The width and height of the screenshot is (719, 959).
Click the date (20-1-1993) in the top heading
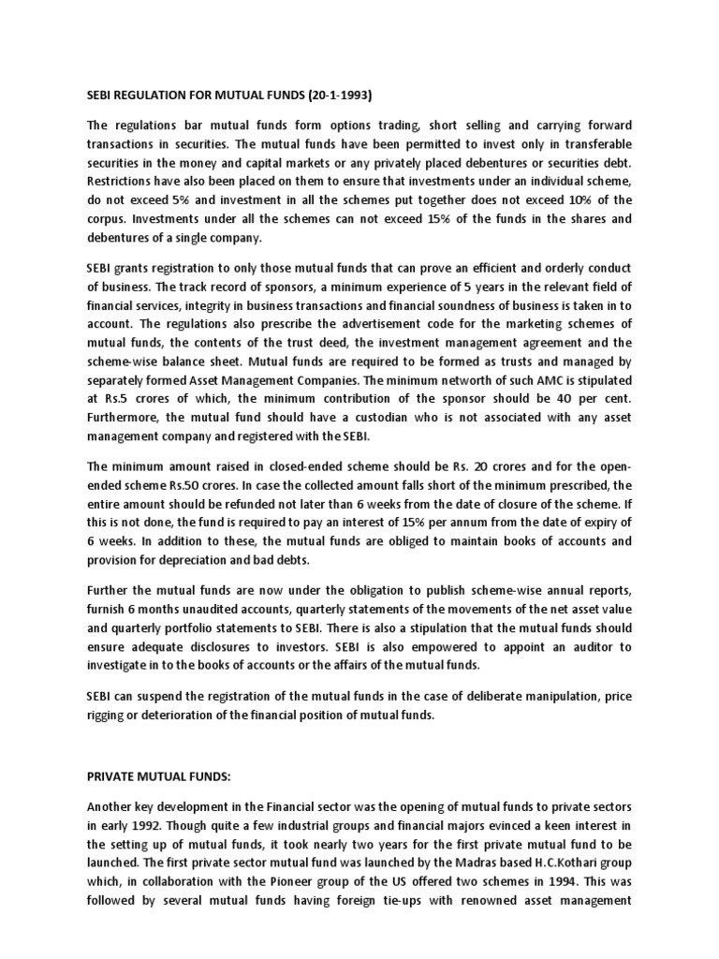click(x=332, y=95)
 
